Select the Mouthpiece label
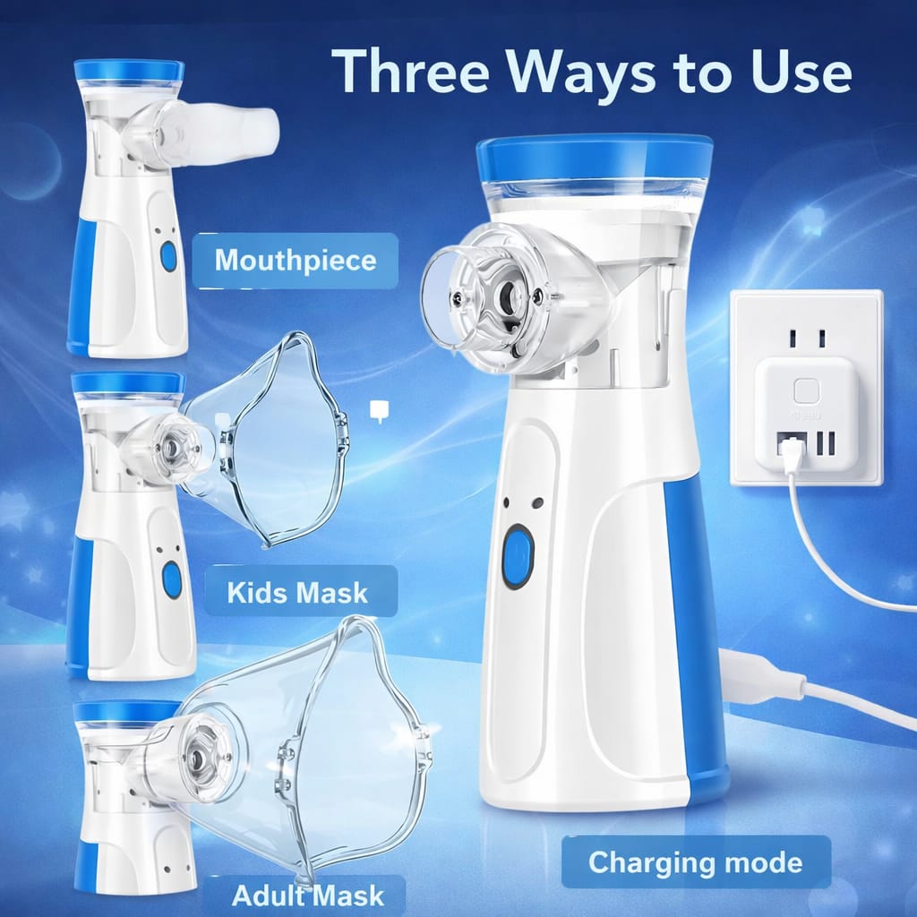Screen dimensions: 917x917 [295, 261]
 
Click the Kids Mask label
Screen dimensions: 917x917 [296, 592]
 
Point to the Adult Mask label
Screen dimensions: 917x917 [307, 895]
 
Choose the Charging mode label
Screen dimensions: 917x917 [695, 862]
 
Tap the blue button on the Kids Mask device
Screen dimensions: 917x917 [171, 580]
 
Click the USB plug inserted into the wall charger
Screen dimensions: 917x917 [791, 458]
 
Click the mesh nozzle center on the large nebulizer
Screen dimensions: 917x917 [508, 294]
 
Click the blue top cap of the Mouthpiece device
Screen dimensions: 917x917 [129, 70]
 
